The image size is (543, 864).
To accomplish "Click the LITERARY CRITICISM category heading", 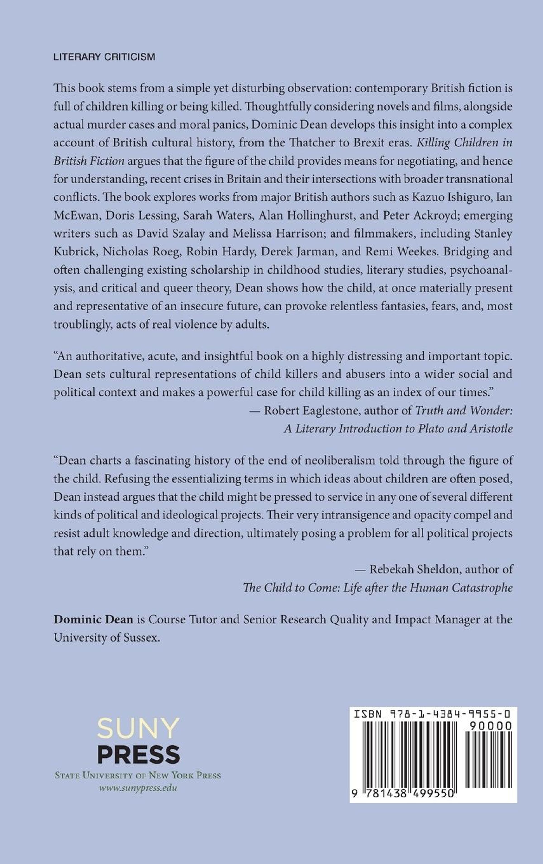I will click(104, 57).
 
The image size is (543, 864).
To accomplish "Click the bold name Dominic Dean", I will click(93, 620).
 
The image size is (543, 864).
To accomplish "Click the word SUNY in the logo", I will click(138, 729).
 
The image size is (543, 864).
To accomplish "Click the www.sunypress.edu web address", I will click(138, 788).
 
